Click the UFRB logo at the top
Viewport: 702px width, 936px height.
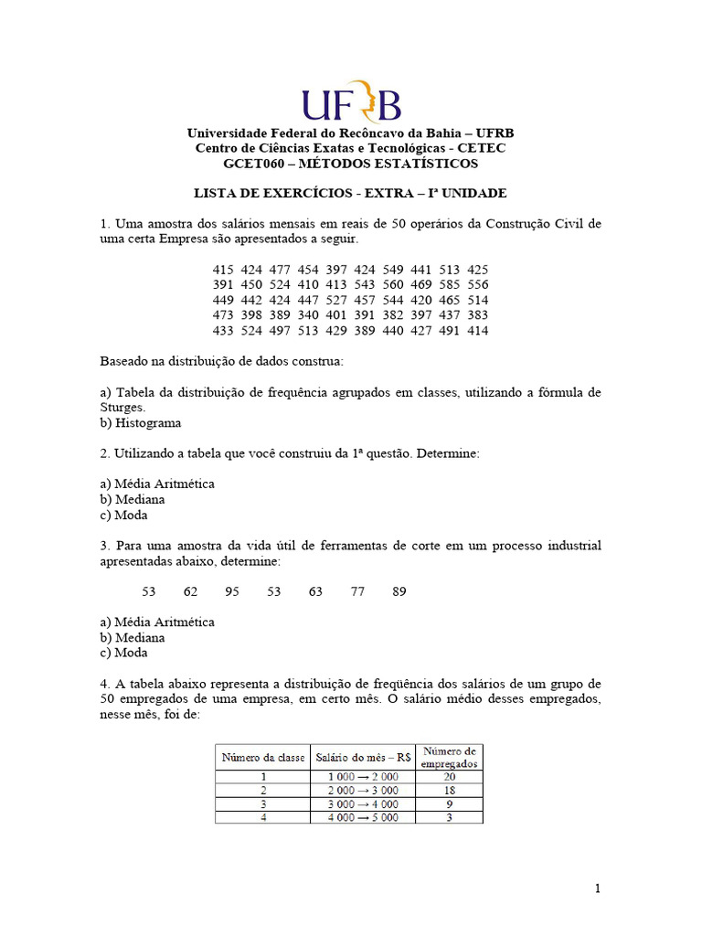pyautogui.click(x=350, y=101)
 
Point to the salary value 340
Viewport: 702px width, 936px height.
pyautogui.click(x=300, y=315)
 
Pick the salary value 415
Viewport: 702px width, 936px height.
pyautogui.click(x=223, y=270)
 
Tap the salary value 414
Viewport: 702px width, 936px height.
pyautogui.click(x=477, y=330)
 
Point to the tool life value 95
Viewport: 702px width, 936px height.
pyautogui.click(x=232, y=591)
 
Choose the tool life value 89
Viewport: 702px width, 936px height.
pyautogui.click(x=399, y=591)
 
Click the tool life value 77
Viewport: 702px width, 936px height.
pyautogui.click(x=357, y=591)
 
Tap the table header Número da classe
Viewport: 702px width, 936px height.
pyautogui.click(x=262, y=757)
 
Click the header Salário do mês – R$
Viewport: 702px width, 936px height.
pyautogui.click(x=363, y=757)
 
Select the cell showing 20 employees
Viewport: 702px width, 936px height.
pyautogui.click(x=449, y=776)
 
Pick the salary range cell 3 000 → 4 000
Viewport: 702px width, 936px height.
pyautogui.click(x=363, y=804)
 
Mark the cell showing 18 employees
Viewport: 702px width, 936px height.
pyautogui.click(x=449, y=790)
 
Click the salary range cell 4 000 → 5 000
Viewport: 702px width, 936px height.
pyautogui.click(x=363, y=818)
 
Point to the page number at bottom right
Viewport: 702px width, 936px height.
pyautogui.click(x=597, y=888)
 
